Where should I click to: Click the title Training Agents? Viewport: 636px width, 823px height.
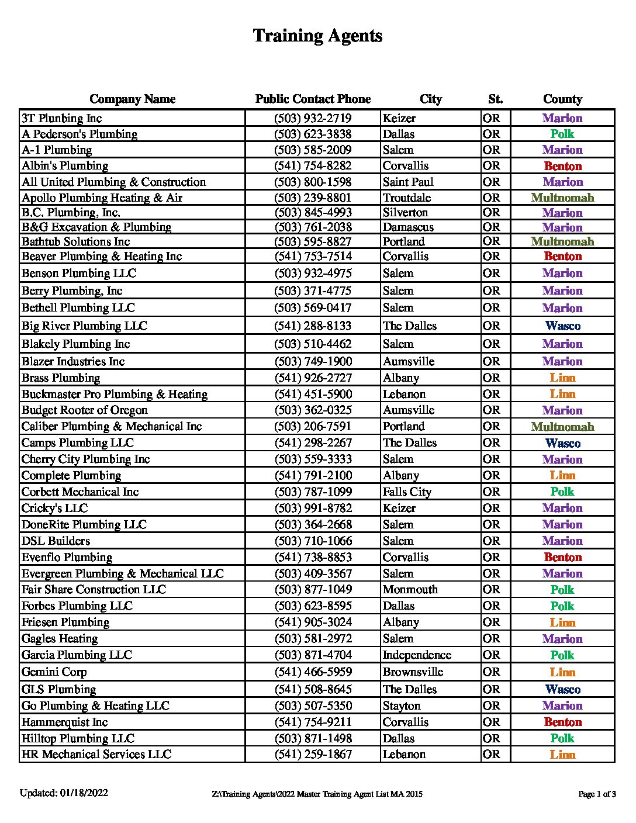coord(317,36)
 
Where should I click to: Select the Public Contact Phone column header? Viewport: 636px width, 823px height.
coord(313,99)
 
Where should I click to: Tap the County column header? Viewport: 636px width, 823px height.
coord(562,99)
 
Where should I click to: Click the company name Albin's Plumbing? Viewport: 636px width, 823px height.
coord(65,166)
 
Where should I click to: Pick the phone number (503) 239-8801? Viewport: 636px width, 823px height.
coord(313,198)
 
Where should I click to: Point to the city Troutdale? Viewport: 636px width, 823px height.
coord(407,198)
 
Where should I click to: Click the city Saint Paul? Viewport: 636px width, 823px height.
coord(408,182)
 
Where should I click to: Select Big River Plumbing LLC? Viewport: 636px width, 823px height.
coord(84,326)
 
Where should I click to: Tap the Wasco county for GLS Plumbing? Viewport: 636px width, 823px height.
coord(562,690)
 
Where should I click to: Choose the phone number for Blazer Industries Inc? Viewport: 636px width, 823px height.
coord(313,362)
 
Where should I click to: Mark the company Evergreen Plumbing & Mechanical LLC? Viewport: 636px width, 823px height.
coord(123,574)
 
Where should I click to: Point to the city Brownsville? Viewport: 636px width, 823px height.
coord(413,672)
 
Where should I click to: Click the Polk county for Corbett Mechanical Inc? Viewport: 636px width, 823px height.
coord(562,492)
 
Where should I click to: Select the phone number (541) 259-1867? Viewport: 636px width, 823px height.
coord(313,755)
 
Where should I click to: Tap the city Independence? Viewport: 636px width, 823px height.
coord(417,655)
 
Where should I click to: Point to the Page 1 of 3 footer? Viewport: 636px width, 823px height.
coord(597,794)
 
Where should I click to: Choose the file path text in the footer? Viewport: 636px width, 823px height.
coord(317,794)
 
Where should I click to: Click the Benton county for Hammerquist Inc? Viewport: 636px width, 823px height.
coord(562,722)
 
